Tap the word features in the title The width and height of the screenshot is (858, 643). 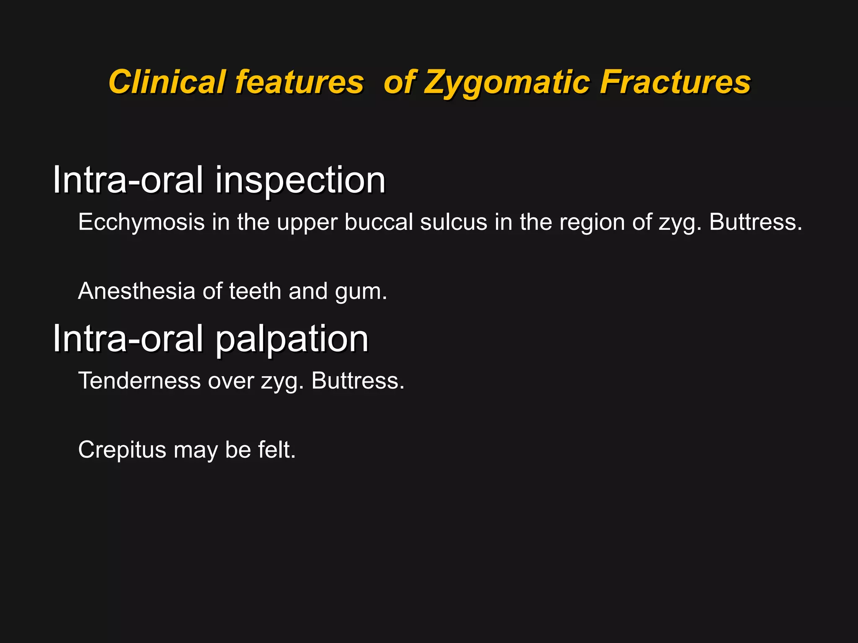point(299,82)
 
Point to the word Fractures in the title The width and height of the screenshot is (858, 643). point(675,82)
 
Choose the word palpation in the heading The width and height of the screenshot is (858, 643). point(292,339)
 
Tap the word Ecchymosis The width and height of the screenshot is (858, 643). point(141,222)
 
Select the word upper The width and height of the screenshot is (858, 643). point(307,222)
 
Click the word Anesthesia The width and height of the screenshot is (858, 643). point(137,291)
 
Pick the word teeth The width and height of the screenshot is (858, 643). point(255,291)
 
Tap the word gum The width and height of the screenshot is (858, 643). point(360,292)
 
